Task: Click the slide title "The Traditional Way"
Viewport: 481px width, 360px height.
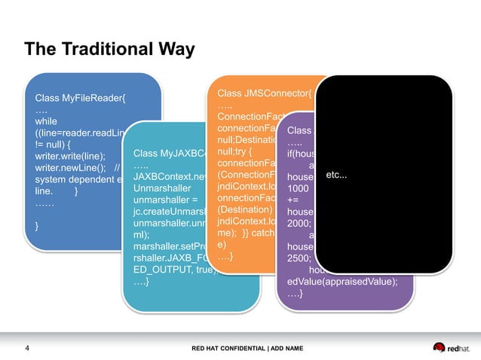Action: tap(109, 50)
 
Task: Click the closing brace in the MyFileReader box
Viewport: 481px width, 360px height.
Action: tap(38, 225)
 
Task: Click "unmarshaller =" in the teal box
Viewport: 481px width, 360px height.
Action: tap(165, 200)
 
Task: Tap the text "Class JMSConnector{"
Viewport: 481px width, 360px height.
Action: tap(264, 93)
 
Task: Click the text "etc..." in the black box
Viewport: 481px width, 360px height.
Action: tap(336, 175)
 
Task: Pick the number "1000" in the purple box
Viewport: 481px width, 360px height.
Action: tap(298, 188)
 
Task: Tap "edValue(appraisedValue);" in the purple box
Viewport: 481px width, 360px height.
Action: tap(342, 280)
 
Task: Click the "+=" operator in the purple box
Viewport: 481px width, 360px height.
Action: tap(293, 200)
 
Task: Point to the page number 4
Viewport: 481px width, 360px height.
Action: tap(28, 348)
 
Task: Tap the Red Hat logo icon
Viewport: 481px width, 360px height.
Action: tap(440, 347)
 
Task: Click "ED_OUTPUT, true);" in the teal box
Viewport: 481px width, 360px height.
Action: tap(170, 270)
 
